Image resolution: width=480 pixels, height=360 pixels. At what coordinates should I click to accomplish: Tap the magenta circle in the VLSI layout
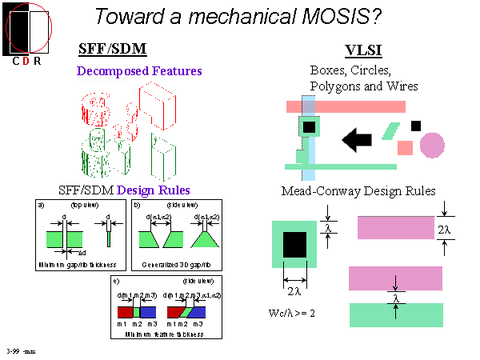pyautogui.click(x=432, y=145)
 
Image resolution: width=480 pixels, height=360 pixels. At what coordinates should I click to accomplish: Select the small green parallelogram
pyautogui.click(x=392, y=130)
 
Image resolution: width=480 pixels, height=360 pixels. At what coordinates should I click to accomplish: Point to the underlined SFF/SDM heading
pyautogui.click(x=113, y=49)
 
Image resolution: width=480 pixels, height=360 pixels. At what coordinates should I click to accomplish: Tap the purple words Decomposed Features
pyautogui.click(x=141, y=71)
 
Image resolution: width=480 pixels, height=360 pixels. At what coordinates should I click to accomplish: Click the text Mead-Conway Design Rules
pyautogui.click(x=358, y=192)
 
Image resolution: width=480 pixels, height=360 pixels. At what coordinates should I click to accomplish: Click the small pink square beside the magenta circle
pyautogui.click(x=406, y=147)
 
